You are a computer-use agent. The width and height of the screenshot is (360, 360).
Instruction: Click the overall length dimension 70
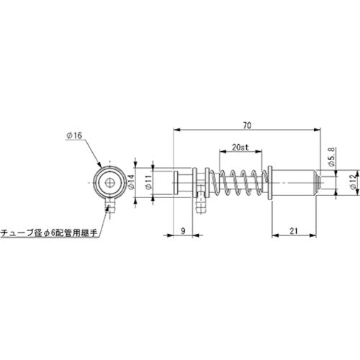(x=247, y=125)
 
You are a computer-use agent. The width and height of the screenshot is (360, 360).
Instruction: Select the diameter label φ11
(x=148, y=184)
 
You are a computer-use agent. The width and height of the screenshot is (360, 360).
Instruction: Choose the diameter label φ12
(x=351, y=184)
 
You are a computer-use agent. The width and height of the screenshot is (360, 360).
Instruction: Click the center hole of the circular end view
(x=107, y=184)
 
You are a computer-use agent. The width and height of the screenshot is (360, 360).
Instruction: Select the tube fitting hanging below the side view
(x=201, y=207)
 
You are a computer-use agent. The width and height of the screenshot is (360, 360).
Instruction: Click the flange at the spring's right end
(x=269, y=184)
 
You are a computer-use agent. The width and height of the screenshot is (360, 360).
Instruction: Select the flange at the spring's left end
(x=210, y=184)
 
